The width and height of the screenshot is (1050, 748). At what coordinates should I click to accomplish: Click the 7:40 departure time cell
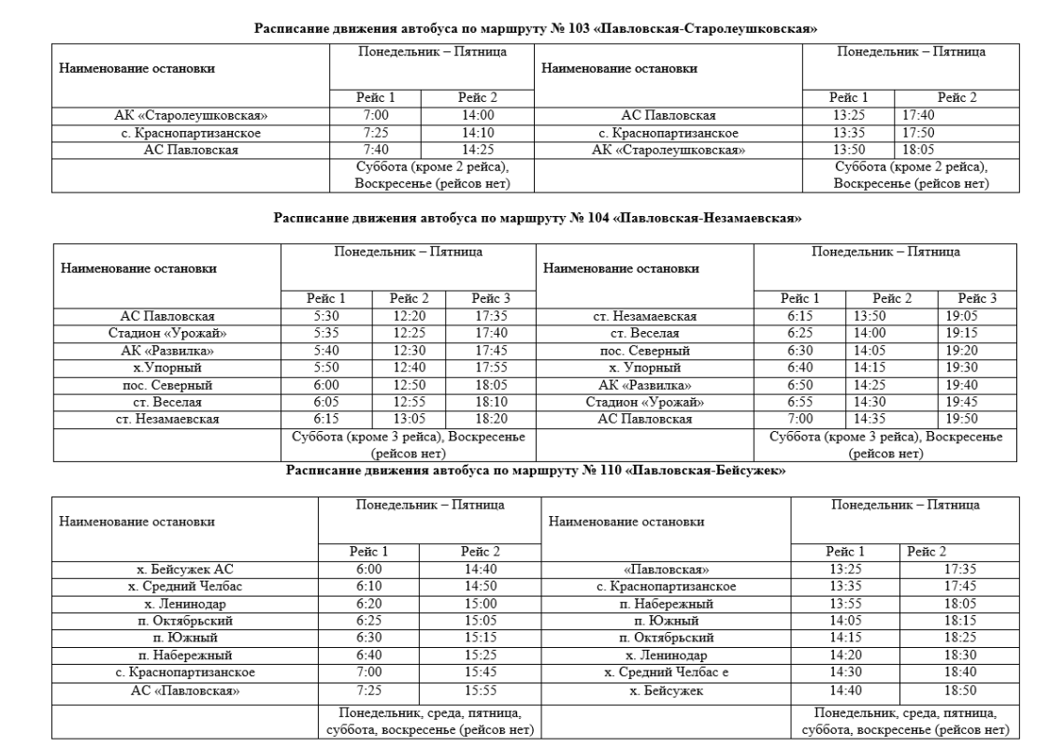point(376,150)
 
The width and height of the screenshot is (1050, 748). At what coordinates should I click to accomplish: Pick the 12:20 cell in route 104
point(409,315)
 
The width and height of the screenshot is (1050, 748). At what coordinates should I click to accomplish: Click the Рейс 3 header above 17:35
point(489,298)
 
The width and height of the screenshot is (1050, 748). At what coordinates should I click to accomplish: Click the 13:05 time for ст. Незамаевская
point(409,419)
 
